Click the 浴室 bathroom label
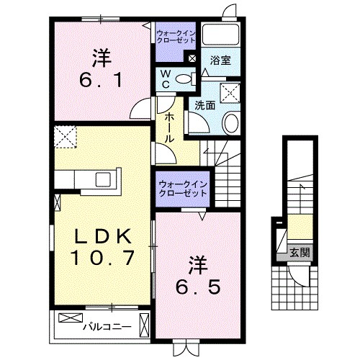220,62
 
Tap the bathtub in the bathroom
221,35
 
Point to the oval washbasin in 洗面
230,123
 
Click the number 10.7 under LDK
102,257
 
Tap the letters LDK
102,235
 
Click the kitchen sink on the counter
100,179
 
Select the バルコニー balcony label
106,326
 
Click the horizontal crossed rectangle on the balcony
71,318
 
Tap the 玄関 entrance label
300,253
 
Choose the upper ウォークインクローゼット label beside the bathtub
176,36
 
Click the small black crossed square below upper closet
192,59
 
